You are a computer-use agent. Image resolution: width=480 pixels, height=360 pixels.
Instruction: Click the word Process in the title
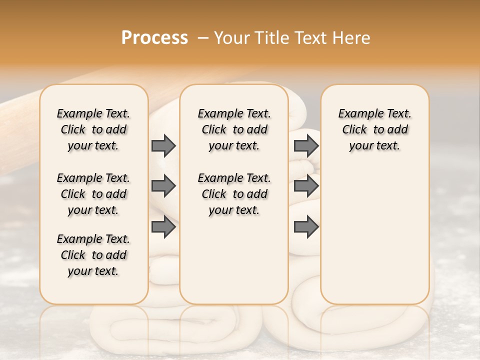[154, 38]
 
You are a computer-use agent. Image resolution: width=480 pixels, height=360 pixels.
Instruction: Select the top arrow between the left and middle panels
[163, 146]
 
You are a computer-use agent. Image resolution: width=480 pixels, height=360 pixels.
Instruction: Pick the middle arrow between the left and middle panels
[163, 186]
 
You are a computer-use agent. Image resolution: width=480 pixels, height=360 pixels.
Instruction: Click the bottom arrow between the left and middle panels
[163, 227]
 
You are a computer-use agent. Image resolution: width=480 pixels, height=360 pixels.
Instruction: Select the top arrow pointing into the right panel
[306, 146]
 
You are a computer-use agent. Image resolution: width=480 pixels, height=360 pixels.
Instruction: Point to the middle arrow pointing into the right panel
[306, 186]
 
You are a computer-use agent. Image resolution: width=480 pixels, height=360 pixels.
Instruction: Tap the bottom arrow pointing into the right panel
[306, 227]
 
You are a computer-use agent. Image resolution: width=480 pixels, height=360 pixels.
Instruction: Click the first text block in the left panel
[93, 129]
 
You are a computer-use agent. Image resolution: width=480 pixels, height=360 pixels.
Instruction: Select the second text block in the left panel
[93, 194]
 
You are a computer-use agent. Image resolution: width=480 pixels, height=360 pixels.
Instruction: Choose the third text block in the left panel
[93, 255]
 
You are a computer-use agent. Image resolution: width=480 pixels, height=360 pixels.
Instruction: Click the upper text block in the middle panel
[234, 129]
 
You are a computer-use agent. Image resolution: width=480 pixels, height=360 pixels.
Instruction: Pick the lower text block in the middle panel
[234, 194]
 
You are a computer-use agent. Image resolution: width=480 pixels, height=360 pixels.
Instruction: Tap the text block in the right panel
[374, 129]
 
